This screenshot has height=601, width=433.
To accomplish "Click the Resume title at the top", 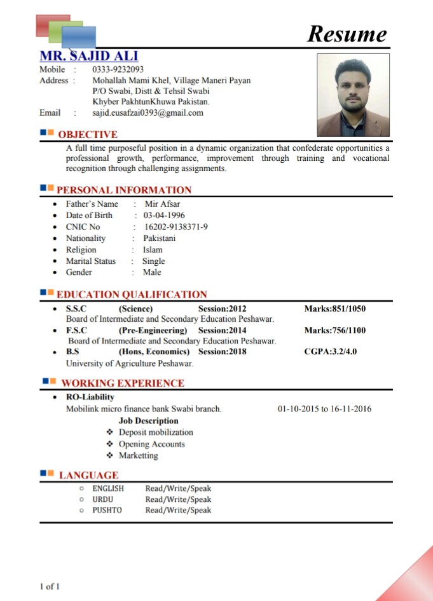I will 347,34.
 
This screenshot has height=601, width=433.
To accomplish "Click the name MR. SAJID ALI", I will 88,55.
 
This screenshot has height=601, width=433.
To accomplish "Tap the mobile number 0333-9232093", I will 118,69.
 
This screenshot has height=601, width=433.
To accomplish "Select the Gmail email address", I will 148,113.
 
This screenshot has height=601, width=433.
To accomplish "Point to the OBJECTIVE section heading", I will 88,134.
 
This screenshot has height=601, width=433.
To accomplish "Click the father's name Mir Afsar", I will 162,204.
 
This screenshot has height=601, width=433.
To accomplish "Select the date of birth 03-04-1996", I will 164,216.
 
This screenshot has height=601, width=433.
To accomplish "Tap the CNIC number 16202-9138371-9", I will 175,227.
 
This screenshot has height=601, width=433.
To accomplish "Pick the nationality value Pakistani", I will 159,238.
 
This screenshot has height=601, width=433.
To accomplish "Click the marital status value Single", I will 153,261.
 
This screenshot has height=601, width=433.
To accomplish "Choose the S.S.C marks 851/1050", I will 335,309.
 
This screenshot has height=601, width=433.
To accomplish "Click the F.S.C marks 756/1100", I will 335,331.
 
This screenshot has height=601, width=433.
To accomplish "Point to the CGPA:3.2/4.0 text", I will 331,352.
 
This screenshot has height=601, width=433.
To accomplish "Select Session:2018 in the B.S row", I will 222,352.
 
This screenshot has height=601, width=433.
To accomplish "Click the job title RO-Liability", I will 90,397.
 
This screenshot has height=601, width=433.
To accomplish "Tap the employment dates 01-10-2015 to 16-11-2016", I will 324,409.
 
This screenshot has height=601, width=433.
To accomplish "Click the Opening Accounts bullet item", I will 151,444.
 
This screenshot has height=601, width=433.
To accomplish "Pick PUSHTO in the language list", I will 107,510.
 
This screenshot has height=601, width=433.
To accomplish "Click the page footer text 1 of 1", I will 50,586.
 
